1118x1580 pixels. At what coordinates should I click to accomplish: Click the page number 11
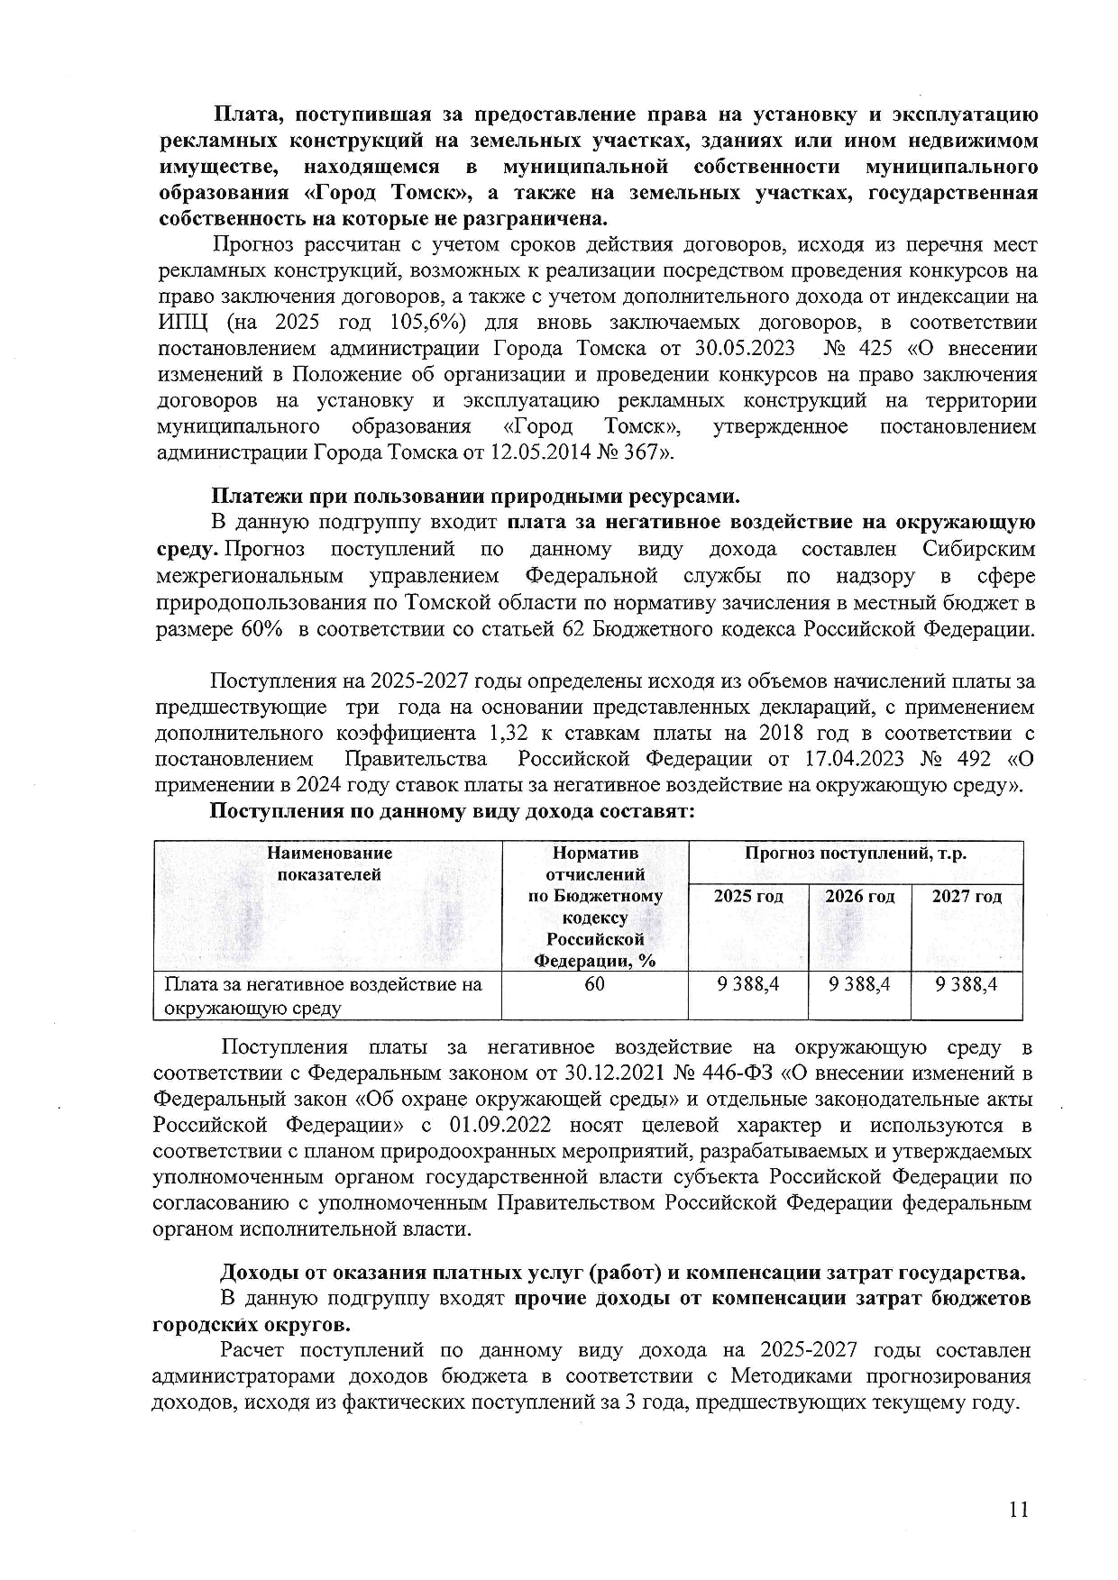1019,1510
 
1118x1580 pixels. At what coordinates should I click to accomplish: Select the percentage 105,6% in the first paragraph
424,323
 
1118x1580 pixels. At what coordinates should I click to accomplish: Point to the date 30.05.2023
746,349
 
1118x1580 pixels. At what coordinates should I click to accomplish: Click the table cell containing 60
594,984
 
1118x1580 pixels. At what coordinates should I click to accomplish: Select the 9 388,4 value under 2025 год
747,984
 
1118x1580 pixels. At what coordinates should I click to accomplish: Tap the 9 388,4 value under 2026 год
859,984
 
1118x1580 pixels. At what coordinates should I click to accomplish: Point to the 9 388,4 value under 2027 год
967,984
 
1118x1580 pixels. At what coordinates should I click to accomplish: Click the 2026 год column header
859,897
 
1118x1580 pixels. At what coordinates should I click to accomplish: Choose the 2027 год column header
967,897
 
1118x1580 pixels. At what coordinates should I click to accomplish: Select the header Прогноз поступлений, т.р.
855,854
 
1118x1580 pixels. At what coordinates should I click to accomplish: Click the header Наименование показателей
329,863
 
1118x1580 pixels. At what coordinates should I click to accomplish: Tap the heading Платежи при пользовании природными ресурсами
475,497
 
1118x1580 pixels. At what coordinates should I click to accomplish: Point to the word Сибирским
979,550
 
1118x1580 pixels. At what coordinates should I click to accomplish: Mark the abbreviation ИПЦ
183,323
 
